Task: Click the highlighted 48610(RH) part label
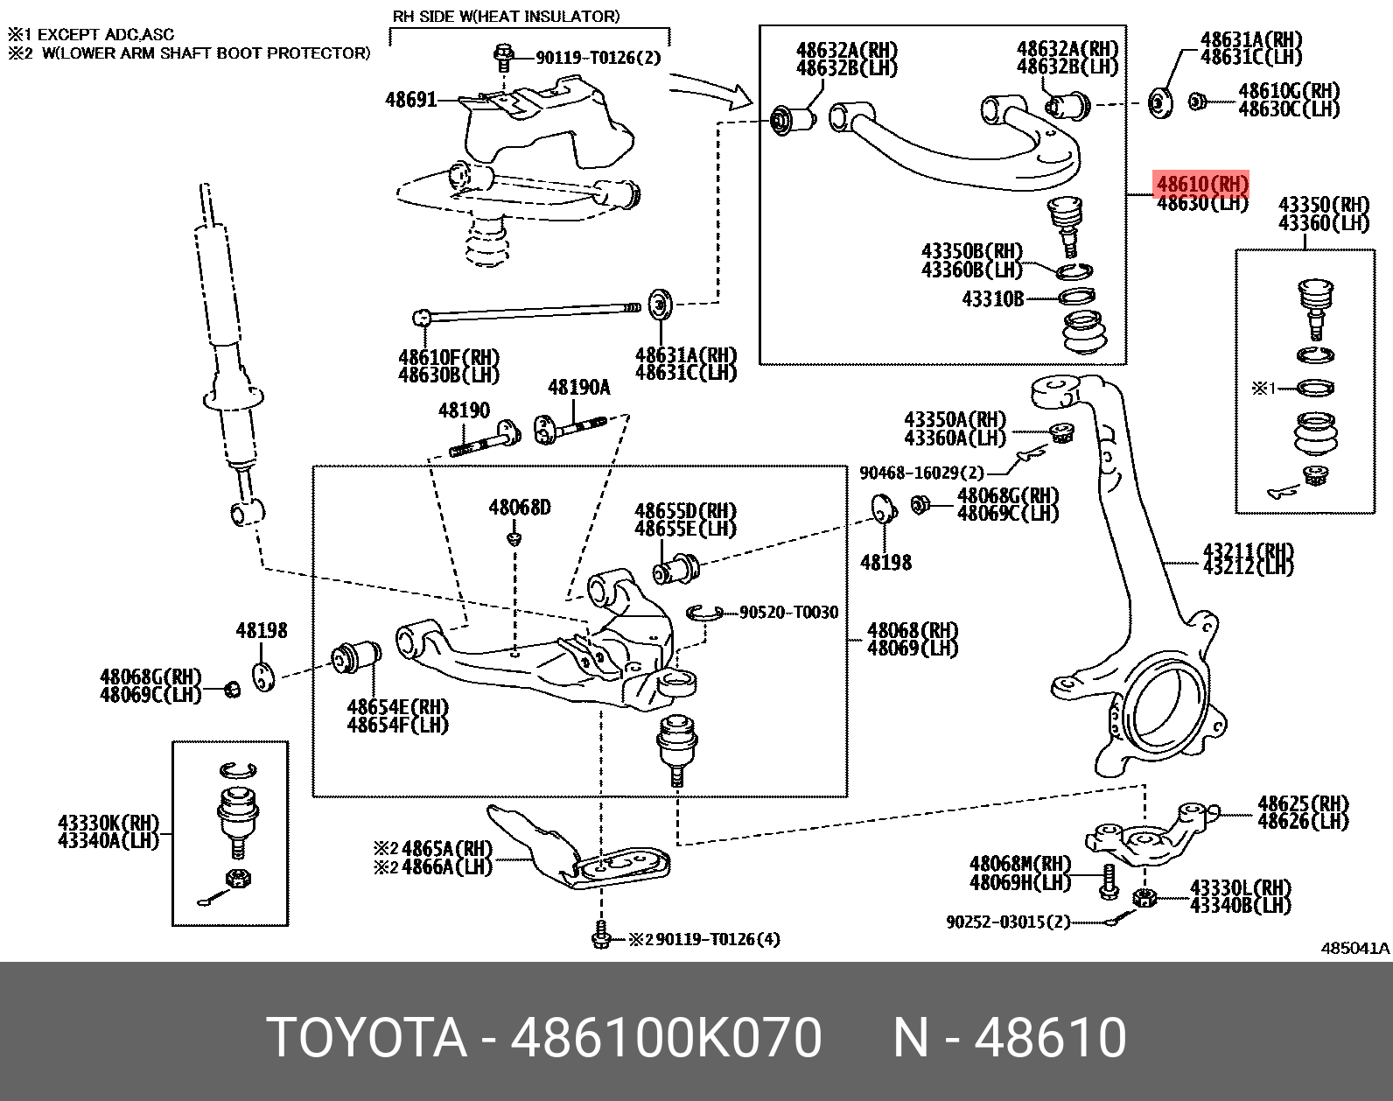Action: (1202, 185)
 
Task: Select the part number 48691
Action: (410, 100)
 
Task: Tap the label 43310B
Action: (992, 299)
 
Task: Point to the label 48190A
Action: (578, 388)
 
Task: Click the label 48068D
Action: (520, 508)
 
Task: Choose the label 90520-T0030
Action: (788, 613)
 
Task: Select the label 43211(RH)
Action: (1248, 551)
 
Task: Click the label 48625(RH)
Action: (1303, 803)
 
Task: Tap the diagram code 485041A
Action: (1354, 948)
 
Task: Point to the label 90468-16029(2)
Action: (921, 473)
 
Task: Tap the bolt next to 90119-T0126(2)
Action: (503, 57)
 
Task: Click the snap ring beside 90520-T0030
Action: (703, 612)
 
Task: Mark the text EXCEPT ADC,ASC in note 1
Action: (105, 35)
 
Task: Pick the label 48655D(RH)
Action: (685, 511)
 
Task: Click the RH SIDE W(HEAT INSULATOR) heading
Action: (507, 16)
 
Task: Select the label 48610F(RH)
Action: (448, 357)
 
